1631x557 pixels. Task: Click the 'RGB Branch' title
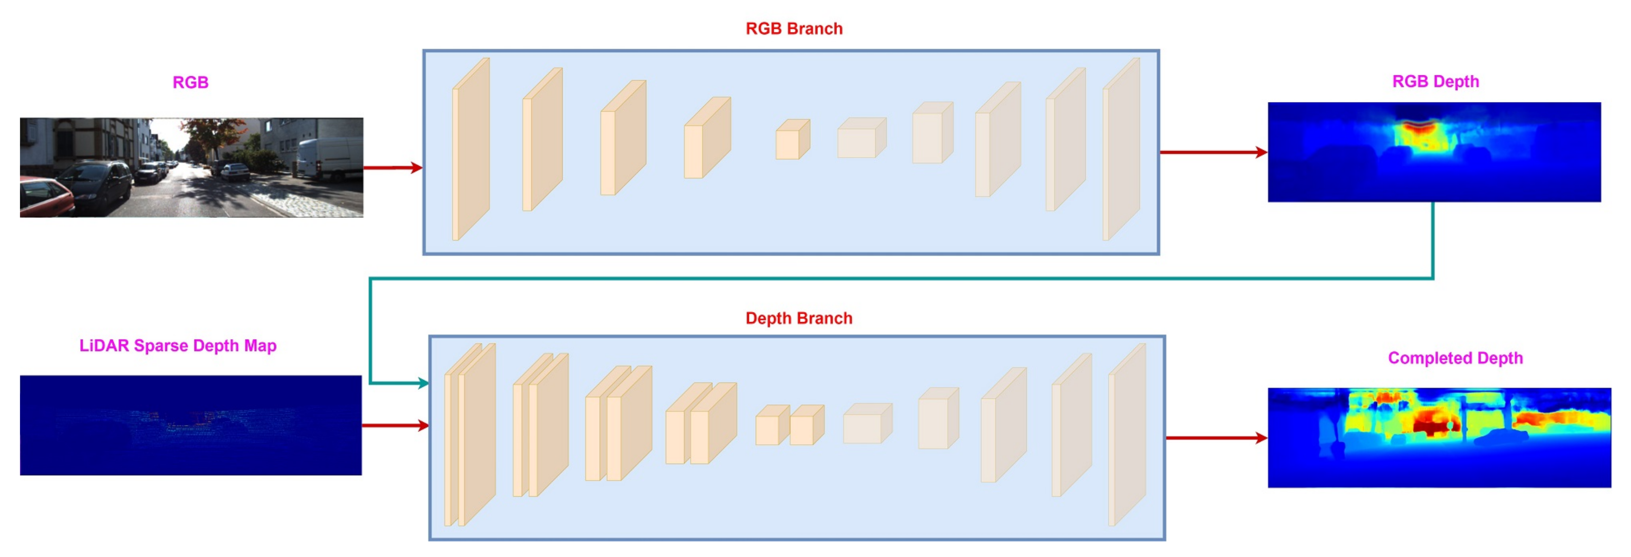(x=794, y=29)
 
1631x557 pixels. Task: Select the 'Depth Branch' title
(x=798, y=318)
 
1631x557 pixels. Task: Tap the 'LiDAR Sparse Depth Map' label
(x=178, y=346)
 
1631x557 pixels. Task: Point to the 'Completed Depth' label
(x=1455, y=358)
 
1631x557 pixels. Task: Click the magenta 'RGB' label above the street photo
(x=191, y=82)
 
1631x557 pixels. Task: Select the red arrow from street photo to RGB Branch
(x=392, y=168)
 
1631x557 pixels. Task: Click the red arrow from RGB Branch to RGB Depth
(x=1212, y=152)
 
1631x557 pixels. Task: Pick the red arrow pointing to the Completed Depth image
(x=1216, y=437)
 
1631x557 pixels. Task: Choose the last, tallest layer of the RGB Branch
(x=1121, y=149)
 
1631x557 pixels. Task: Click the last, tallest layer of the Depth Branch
(x=1128, y=435)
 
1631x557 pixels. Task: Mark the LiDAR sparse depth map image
(x=191, y=425)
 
